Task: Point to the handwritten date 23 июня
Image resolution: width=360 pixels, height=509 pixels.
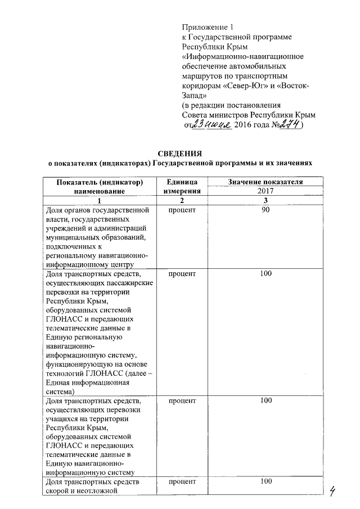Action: [211, 124]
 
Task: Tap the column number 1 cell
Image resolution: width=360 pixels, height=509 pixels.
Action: [98, 201]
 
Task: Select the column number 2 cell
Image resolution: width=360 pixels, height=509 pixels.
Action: [181, 201]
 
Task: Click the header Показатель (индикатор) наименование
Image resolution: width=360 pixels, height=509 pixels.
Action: [98, 187]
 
